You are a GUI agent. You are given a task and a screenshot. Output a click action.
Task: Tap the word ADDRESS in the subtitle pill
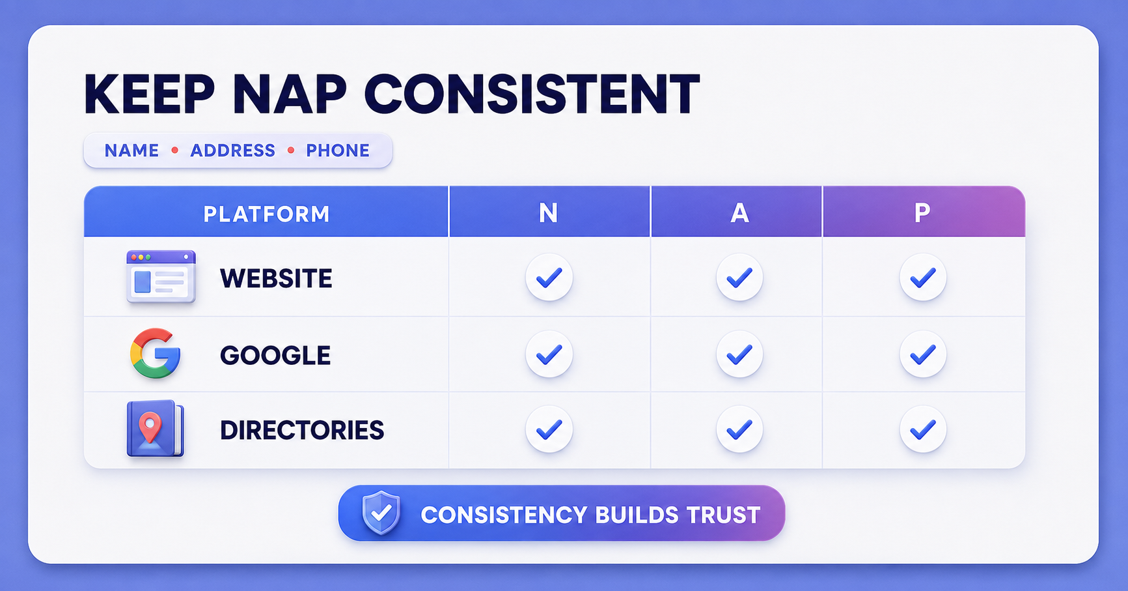232,151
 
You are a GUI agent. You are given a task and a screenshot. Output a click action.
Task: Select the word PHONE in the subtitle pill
338,151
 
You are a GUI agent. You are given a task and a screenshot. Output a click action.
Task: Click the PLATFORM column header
266,214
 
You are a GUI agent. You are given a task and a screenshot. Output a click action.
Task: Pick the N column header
548,213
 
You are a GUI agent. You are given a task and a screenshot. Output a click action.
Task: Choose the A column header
739,213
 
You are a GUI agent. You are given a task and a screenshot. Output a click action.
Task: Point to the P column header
922,212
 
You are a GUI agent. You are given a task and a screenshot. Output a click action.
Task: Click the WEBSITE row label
276,279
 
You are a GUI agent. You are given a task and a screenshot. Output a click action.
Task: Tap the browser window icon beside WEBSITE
161,277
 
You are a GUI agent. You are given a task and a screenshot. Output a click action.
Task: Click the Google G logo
155,353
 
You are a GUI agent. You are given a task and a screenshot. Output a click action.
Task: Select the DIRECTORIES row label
302,431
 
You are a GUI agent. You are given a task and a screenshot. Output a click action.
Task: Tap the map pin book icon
155,429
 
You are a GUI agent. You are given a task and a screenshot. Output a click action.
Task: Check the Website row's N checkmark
549,278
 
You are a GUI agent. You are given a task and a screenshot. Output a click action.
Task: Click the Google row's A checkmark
739,354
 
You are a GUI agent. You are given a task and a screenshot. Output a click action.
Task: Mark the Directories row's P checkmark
923,429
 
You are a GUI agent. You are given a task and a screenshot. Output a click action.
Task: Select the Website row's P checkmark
923,278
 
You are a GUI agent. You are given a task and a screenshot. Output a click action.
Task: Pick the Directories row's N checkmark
549,429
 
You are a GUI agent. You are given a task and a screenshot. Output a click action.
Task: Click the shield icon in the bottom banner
381,513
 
